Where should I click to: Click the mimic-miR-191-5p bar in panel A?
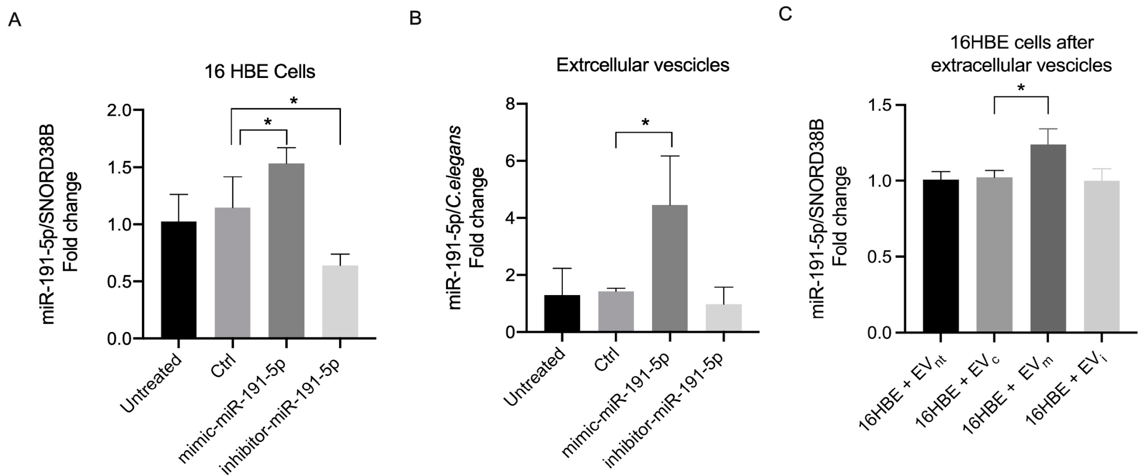pos(286,251)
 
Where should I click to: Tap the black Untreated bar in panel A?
pos(178,280)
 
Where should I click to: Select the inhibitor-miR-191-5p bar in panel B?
pos(724,317)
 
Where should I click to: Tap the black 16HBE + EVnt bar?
pos(940,256)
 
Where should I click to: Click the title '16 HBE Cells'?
pos(259,72)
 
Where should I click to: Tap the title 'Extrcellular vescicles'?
pos(643,65)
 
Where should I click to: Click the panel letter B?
pos(415,18)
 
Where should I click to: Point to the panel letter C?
pos(785,14)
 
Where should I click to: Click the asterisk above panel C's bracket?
pos(1021,88)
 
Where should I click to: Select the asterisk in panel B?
pos(645,123)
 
